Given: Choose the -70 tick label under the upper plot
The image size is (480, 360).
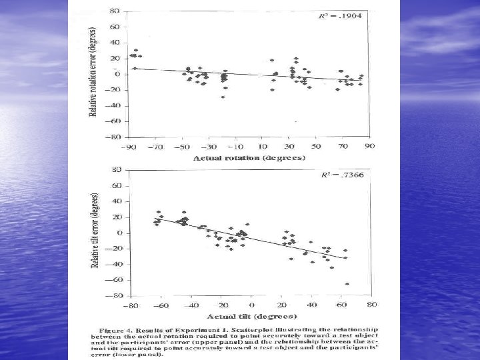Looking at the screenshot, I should tap(155, 145).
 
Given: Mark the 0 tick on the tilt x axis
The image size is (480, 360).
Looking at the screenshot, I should tap(251, 305).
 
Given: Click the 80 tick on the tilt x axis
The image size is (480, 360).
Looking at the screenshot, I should tap(371, 305).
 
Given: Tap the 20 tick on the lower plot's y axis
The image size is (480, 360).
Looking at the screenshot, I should tap(116, 217).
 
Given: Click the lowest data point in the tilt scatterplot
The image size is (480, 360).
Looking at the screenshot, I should tap(347, 284).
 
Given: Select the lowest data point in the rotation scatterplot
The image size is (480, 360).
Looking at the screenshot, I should tap(223, 97).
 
